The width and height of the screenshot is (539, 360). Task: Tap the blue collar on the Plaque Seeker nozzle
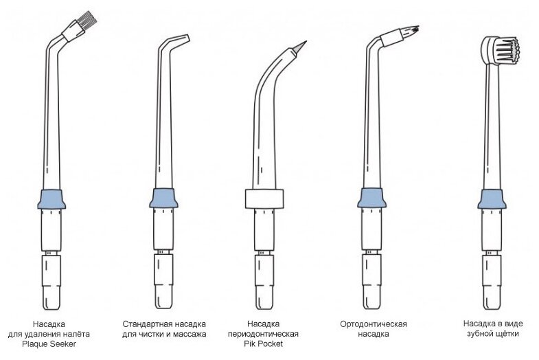[51, 199]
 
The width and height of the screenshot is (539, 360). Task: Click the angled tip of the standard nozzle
[180, 39]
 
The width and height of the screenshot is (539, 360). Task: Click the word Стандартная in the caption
[146, 324]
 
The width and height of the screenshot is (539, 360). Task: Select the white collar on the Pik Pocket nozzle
[264, 199]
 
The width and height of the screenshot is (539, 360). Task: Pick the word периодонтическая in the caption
[264, 333]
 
